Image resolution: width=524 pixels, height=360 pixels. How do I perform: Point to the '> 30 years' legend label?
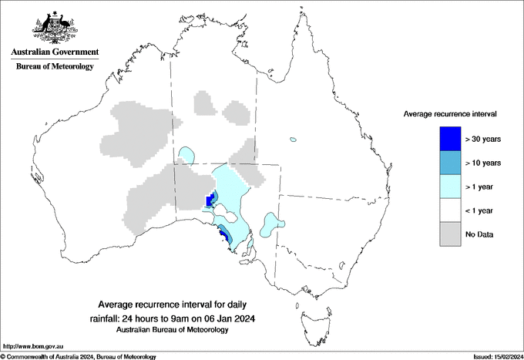click(x=483, y=140)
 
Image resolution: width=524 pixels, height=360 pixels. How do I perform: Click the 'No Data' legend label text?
click(x=480, y=234)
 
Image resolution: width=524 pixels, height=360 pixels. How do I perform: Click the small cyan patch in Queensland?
click(x=293, y=140)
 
